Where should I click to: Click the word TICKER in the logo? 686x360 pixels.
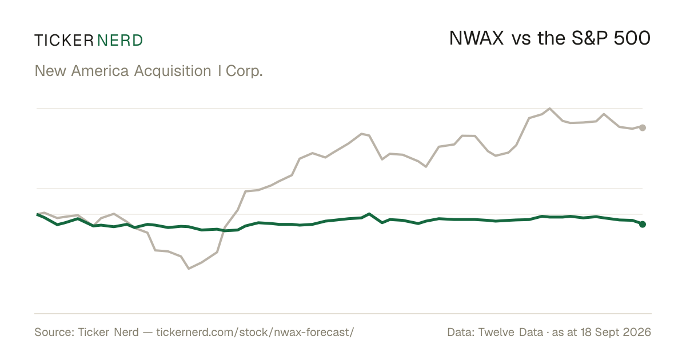[x=64, y=41]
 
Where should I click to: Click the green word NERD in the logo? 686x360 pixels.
[x=119, y=41]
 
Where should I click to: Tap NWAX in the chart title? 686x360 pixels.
[x=476, y=39]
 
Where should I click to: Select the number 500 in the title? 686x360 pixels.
[x=632, y=39]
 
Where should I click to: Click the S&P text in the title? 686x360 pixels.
[x=589, y=39]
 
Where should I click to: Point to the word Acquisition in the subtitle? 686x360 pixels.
[x=173, y=71]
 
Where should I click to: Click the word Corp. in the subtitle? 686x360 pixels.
[x=244, y=71]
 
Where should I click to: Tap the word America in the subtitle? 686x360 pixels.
[x=100, y=71]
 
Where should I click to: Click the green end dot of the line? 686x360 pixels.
[x=643, y=225]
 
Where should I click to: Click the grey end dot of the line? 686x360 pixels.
[x=643, y=127]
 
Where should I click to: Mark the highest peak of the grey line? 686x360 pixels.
[x=550, y=109]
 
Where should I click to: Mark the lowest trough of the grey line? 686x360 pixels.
[x=189, y=269]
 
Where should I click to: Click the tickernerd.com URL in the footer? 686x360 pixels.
[x=255, y=333]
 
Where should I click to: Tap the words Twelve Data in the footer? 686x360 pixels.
[x=510, y=332]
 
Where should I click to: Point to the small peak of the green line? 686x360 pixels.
[x=369, y=214]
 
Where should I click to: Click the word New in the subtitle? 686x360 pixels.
[x=50, y=71]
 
